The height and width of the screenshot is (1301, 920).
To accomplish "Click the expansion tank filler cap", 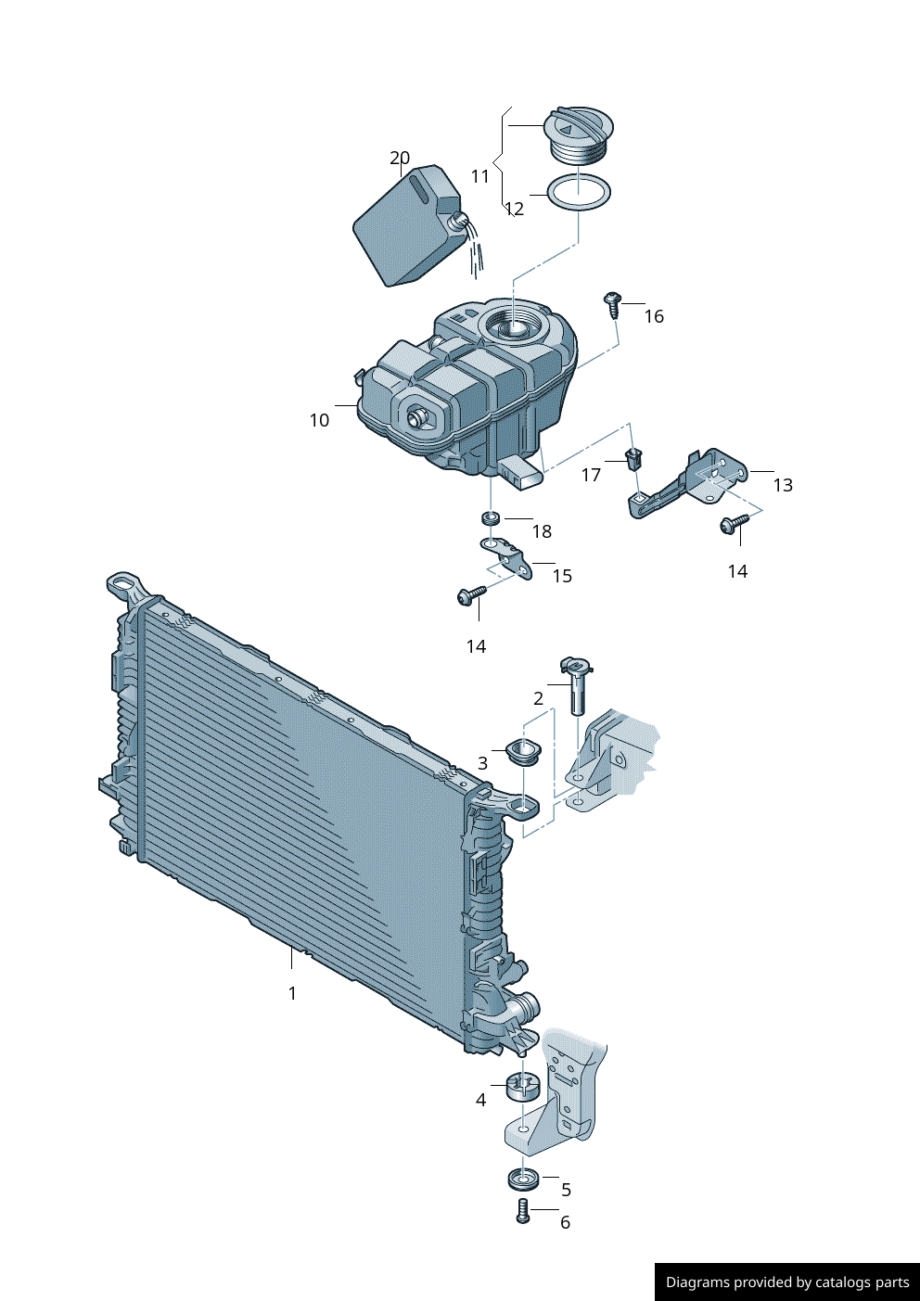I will click(x=579, y=134).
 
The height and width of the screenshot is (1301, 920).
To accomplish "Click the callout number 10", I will click(x=319, y=420).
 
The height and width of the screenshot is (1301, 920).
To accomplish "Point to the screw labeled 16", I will click(x=612, y=303).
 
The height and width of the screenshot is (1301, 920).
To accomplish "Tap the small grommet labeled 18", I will click(x=491, y=517).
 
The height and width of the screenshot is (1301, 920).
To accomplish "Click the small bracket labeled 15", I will click(x=507, y=557).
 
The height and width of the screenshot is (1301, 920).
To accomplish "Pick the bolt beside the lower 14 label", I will click(x=471, y=594).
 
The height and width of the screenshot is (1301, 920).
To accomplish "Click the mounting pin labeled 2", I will click(x=576, y=685).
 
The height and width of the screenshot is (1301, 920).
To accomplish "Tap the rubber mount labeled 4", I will click(x=523, y=1086).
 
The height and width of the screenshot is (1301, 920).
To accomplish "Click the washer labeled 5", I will click(x=524, y=1180).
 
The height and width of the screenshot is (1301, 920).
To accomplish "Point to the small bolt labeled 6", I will click(x=522, y=1211).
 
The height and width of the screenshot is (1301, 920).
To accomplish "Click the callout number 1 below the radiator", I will click(x=292, y=993).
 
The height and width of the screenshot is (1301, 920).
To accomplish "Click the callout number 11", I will click(x=479, y=176).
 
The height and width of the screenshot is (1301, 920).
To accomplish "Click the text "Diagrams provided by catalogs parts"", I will click(x=787, y=1282).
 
